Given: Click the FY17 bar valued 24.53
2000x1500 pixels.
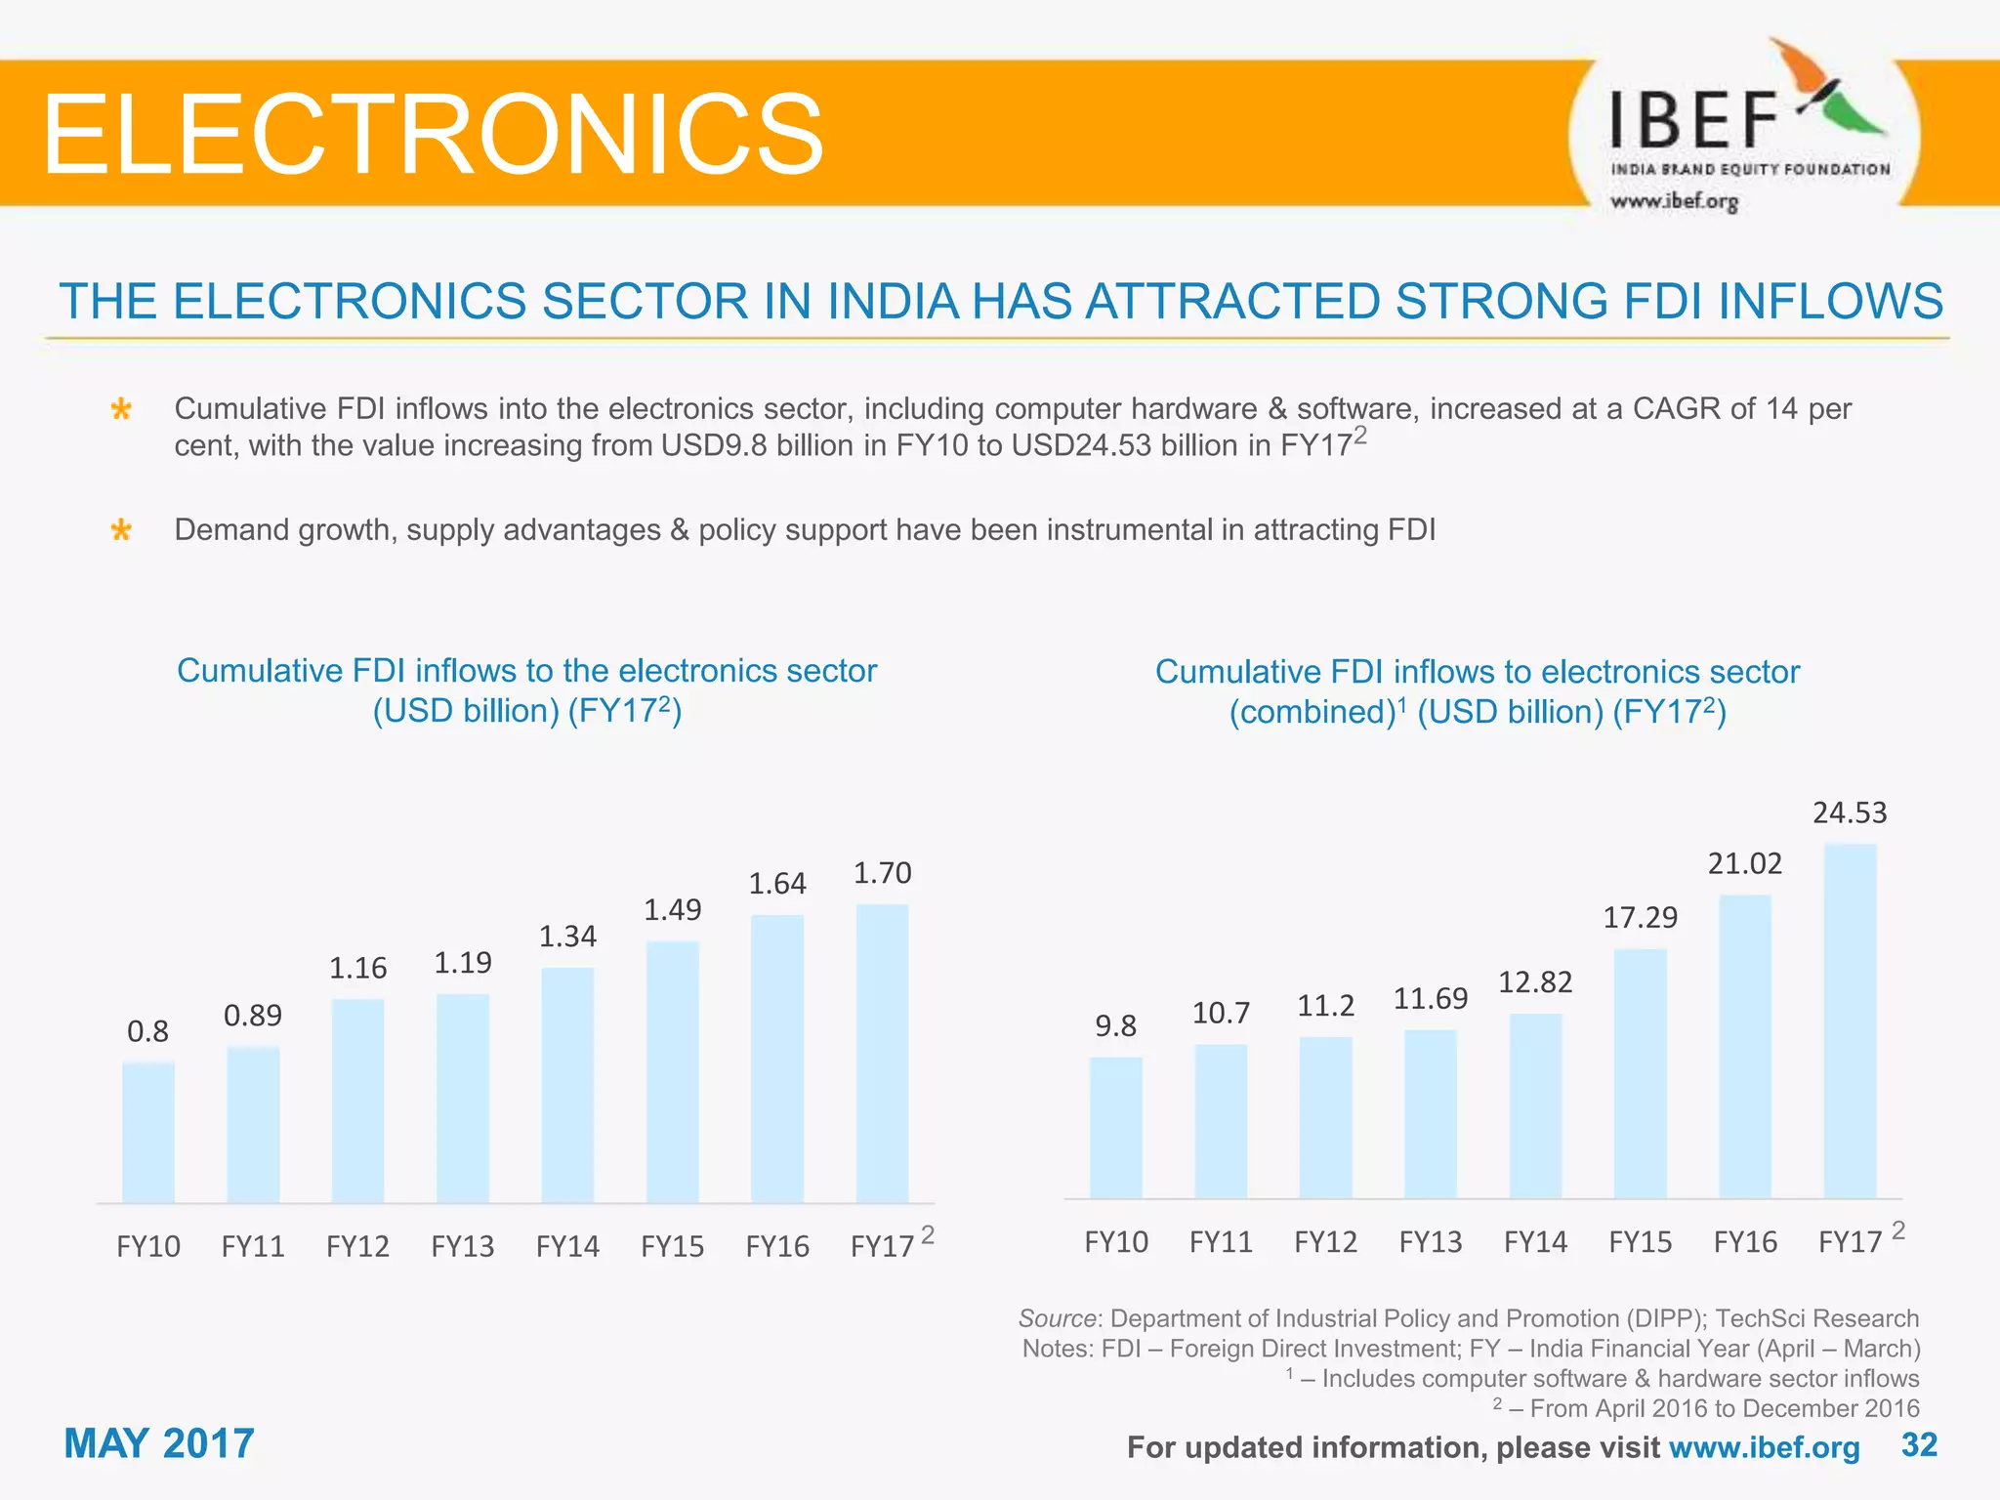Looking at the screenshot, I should click(x=1850, y=1021).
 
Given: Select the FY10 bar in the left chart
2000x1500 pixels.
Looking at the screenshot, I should click(x=148, y=1132).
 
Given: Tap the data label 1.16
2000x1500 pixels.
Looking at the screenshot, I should click(x=357, y=968).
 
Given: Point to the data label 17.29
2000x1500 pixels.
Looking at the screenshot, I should click(x=1640, y=917).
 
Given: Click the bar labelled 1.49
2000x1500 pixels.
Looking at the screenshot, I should click(x=672, y=1071).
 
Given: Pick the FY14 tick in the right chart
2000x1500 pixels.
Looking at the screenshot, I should click(x=1535, y=1242).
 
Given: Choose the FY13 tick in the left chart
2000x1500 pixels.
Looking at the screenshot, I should click(x=462, y=1247).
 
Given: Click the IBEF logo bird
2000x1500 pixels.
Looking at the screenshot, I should click(x=1826, y=88).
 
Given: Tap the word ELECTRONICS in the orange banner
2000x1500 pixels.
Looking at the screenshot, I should click(x=433, y=134).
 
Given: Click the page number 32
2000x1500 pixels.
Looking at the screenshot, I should click(x=1919, y=1444).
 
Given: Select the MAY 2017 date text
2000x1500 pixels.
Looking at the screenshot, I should click(x=159, y=1443).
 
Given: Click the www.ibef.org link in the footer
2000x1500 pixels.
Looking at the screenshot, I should click(x=1764, y=1447).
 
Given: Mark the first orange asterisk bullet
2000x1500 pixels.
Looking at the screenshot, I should click(x=121, y=409).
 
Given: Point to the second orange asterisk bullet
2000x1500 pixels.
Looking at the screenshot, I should click(x=121, y=530).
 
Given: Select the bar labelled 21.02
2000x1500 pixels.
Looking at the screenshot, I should click(x=1744, y=1046).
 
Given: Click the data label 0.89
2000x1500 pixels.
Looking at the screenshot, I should click(x=253, y=1016).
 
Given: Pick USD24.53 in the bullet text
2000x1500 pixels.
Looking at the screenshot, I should click(x=1081, y=445).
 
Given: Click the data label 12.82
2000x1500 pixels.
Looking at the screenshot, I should click(x=1535, y=981).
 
